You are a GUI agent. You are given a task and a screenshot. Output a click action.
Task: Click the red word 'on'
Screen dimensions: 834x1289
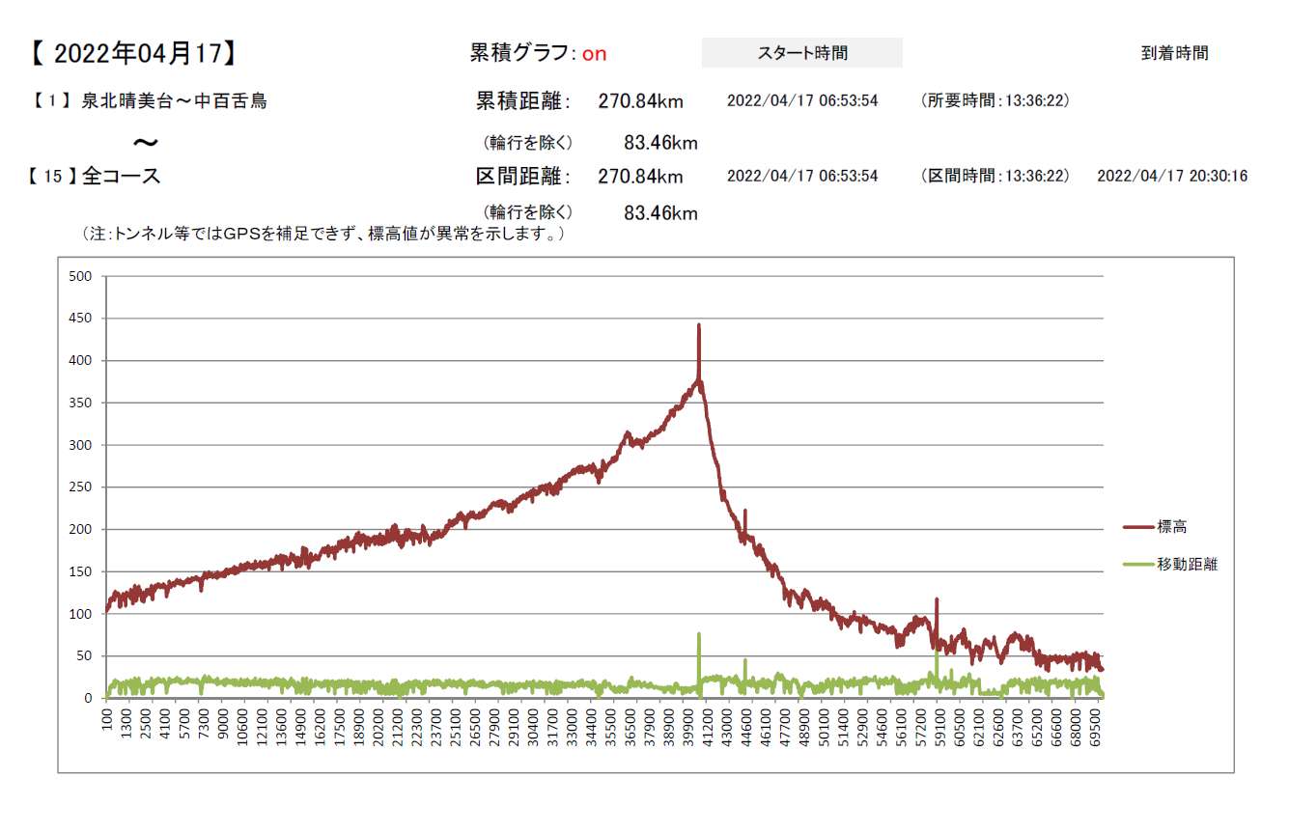(594, 54)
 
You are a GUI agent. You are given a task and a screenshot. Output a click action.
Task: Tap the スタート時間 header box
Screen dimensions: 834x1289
(801, 53)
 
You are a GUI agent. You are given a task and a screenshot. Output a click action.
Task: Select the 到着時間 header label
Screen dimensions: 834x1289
(1174, 53)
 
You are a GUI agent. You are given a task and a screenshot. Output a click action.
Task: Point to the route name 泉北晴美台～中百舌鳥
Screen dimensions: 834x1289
(174, 100)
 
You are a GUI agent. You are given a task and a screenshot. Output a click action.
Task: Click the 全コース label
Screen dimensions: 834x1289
(122, 177)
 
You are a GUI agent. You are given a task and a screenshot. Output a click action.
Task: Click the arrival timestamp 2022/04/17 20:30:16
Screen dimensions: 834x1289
(1172, 177)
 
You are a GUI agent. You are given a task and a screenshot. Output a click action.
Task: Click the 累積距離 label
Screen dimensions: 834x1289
(523, 100)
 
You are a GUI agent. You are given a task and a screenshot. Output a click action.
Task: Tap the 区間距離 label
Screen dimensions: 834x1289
(523, 177)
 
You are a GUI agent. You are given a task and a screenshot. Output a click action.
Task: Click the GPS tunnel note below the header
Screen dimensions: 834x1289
(323, 235)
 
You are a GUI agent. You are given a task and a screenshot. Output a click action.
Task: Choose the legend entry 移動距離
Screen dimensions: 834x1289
(1187, 565)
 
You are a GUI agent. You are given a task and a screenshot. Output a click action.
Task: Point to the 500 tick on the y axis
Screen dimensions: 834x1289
(80, 277)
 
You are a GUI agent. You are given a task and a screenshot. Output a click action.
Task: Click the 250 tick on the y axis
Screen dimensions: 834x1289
(80, 487)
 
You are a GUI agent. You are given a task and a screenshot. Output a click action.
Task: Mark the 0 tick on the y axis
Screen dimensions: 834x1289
(88, 698)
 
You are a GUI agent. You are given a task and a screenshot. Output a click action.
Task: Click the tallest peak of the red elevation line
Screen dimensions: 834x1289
(698, 326)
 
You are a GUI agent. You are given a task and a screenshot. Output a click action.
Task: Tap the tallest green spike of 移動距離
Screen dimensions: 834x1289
(698, 635)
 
